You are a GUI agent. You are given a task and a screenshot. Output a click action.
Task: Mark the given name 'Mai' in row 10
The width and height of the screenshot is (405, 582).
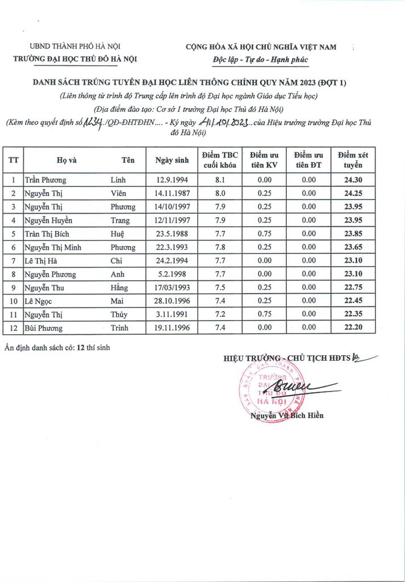click(117, 301)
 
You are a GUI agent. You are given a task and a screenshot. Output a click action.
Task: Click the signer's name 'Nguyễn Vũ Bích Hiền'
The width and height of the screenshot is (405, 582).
click(287, 416)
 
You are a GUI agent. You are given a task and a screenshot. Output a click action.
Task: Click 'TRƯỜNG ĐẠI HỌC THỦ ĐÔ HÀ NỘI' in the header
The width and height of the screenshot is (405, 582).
click(75, 59)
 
